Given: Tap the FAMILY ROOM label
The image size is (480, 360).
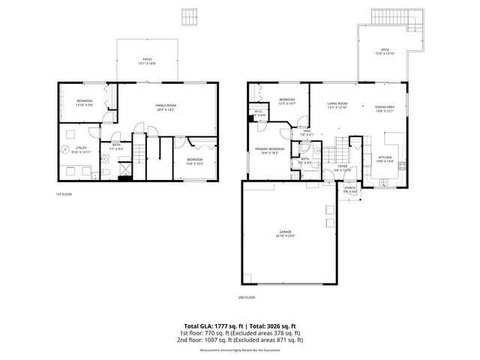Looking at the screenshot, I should pyautogui.click(x=165, y=108).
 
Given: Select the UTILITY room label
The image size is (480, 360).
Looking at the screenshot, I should pyautogui.click(x=80, y=150).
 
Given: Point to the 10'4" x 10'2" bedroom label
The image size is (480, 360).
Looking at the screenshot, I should pyautogui.click(x=194, y=160).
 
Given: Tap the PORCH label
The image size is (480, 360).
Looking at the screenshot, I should pyautogui.click(x=349, y=189).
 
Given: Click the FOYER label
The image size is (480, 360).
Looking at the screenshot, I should pyautogui.click(x=342, y=168).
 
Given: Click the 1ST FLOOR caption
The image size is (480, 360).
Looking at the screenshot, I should pyautogui.click(x=64, y=194).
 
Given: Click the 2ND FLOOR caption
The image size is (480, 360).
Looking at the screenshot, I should pyautogui.click(x=247, y=298).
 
